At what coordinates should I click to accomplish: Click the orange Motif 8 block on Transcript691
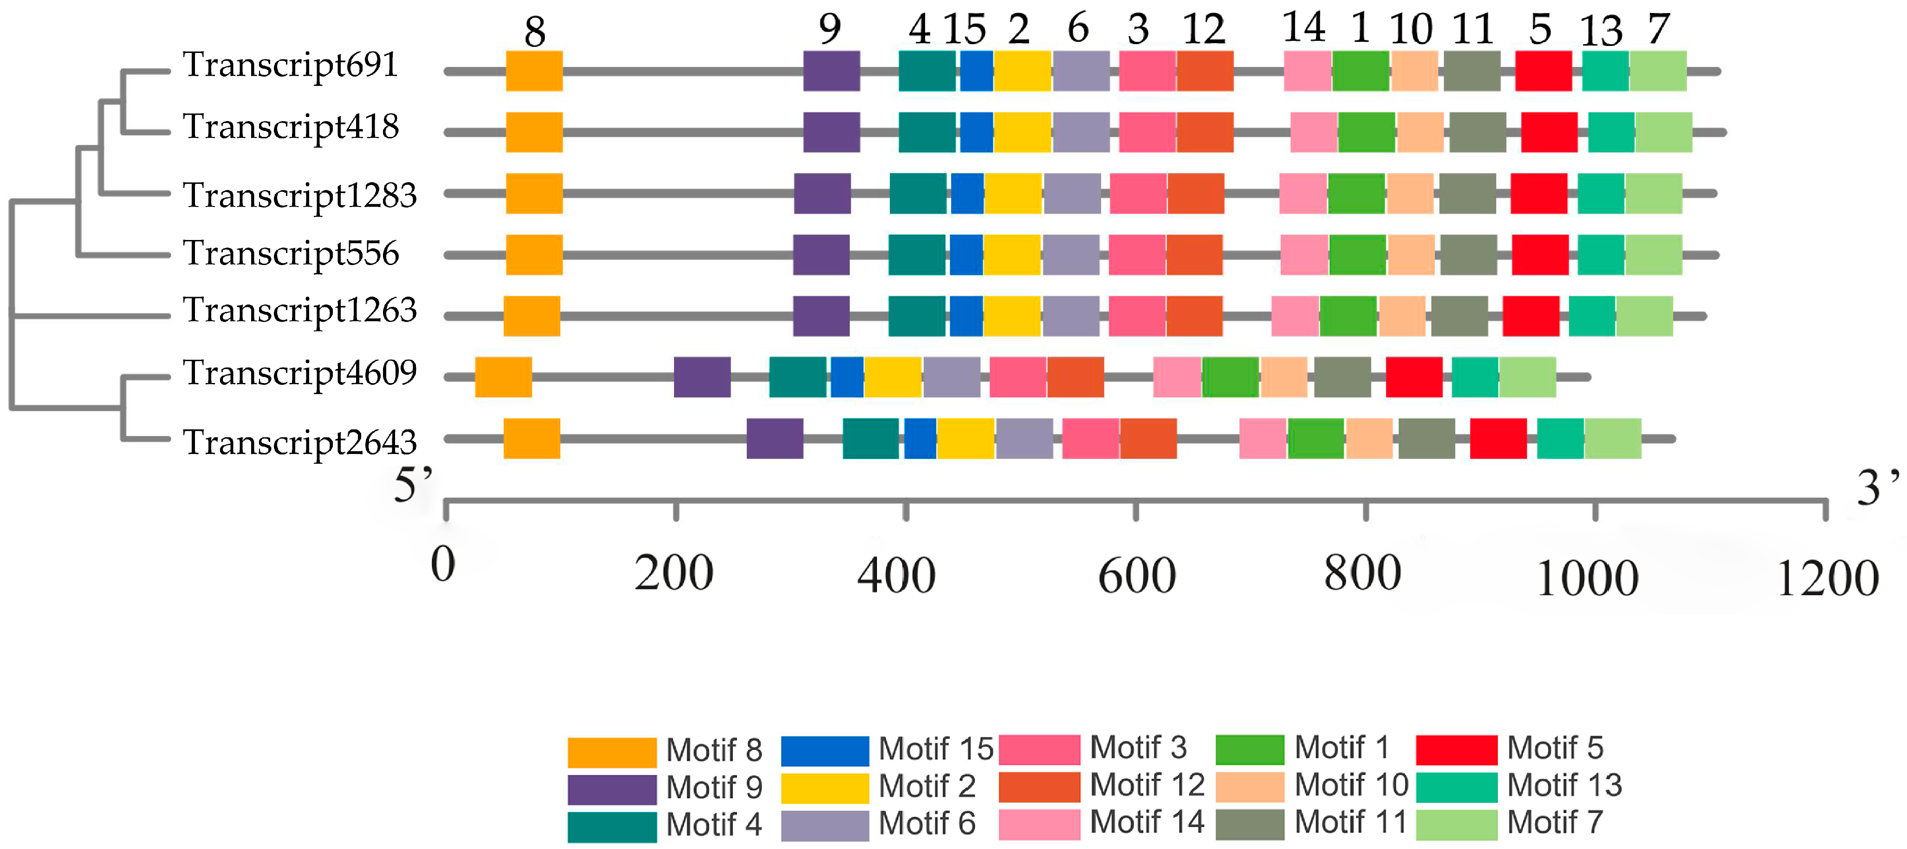pyautogui.click(x=534, y=71)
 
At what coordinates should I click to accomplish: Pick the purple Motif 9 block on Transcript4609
pyautogui.click(x=702, y=377)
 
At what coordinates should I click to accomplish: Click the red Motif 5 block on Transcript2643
pyautogui.click(x=1498, y=438)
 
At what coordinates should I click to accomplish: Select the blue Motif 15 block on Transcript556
pyautogui.click(x=966, y=255)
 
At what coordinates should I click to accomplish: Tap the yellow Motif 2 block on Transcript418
pyautogui.click(x=1022, y=132)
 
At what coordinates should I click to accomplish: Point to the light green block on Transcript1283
pyautogui.click(x=1653, y=193)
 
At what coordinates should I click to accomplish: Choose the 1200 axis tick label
pyautogui.click(x=1826, y=578)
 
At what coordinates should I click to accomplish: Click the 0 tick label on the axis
pyautogui.click(x=443, y=565)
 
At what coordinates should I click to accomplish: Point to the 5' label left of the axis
pyautogui.click(x=413, y=486)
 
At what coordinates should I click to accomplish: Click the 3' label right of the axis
pyautogui.click(x=1877, y=488)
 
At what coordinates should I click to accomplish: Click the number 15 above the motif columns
pyautogui.click(x=964, y=30)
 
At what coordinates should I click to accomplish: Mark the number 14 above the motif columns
pyautogui.click(x=1304, y=28)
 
